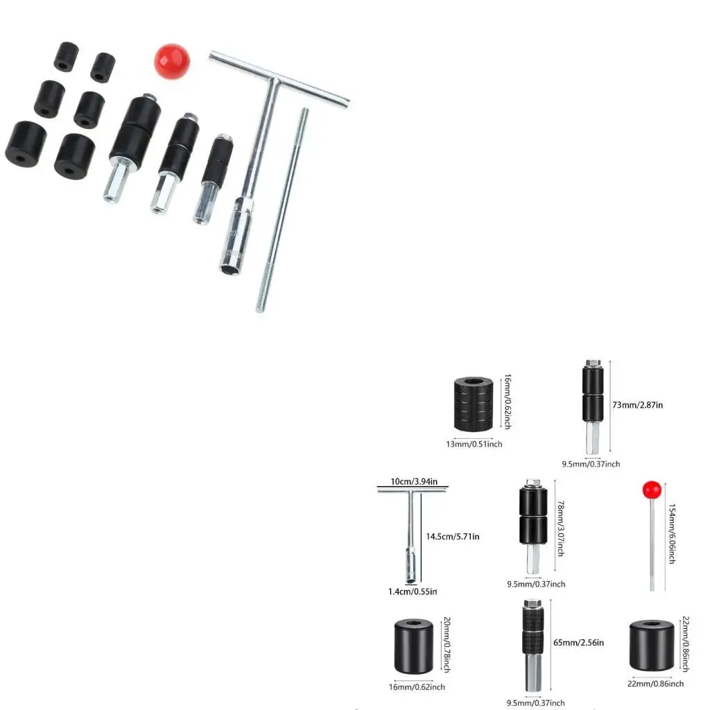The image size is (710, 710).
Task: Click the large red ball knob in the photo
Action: [171, 61]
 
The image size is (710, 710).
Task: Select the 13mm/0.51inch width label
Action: [474, 444]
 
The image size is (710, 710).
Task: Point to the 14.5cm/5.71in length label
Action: [453, 536]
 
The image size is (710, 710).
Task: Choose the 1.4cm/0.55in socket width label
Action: [413, 591]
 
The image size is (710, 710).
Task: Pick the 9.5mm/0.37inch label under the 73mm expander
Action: [591, 464]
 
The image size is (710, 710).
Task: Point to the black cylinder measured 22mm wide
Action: [652, 646]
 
